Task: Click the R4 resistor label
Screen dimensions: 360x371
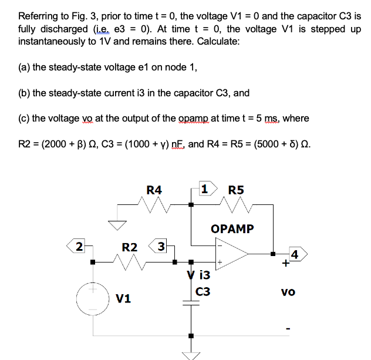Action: (154, 190)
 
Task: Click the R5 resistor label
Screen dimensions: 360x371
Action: (236, 190)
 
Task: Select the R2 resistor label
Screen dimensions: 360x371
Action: (130, 247)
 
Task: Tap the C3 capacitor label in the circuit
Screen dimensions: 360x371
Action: (203, 291)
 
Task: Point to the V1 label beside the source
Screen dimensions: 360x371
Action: (123, 300)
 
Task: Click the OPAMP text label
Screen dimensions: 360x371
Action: (232, 228)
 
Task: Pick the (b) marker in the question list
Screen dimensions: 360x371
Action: (25, 93)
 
